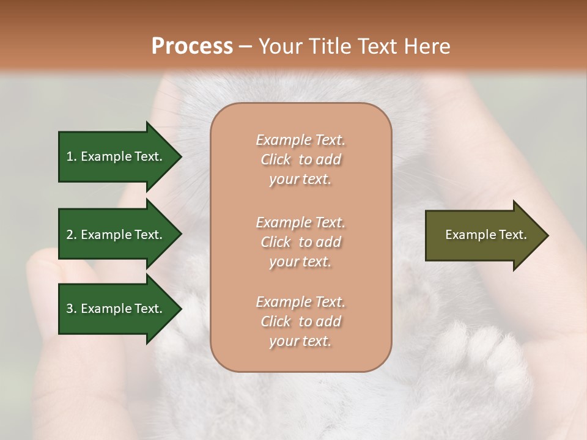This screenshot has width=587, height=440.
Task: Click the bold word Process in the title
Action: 192,46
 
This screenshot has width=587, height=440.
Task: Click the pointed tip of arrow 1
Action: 180,157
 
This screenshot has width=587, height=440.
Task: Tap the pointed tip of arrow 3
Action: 180,309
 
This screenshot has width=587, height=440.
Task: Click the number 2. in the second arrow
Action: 72,235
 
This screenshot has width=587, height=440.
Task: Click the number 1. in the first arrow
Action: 72,156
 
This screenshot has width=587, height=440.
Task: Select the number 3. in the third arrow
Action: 72,309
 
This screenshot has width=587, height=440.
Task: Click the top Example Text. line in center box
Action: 300,140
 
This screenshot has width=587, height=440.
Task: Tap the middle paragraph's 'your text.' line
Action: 300,262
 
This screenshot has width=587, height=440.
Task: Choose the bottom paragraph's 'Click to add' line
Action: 300,321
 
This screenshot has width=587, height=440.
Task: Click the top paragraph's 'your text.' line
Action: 300,180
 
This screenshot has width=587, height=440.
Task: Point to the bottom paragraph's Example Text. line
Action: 300,302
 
